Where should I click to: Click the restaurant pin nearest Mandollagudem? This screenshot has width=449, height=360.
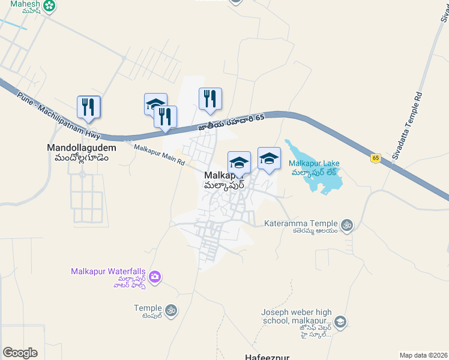coord(88,107)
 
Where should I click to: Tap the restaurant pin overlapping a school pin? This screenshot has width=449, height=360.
coord(165,116)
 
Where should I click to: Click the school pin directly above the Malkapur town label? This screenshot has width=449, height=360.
coord(239,162)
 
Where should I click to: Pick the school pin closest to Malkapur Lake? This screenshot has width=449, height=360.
coord(269,158)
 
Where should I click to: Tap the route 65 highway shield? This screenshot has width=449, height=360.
coord(376,158)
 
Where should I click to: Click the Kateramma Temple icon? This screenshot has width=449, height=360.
coord(346,225)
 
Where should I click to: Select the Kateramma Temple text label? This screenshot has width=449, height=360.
coord(301,224)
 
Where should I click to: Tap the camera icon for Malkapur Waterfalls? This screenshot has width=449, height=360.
coord(155,276)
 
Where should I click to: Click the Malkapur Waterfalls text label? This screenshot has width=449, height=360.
coord(109,272)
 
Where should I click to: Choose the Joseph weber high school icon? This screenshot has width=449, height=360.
coord(340,323)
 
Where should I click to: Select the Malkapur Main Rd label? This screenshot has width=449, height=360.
coord(158,155)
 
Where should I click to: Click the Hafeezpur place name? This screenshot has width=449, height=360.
coord(267,356)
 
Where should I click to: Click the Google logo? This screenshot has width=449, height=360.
coord(20,352)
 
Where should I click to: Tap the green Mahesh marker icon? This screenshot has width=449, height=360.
coord(49,7)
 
